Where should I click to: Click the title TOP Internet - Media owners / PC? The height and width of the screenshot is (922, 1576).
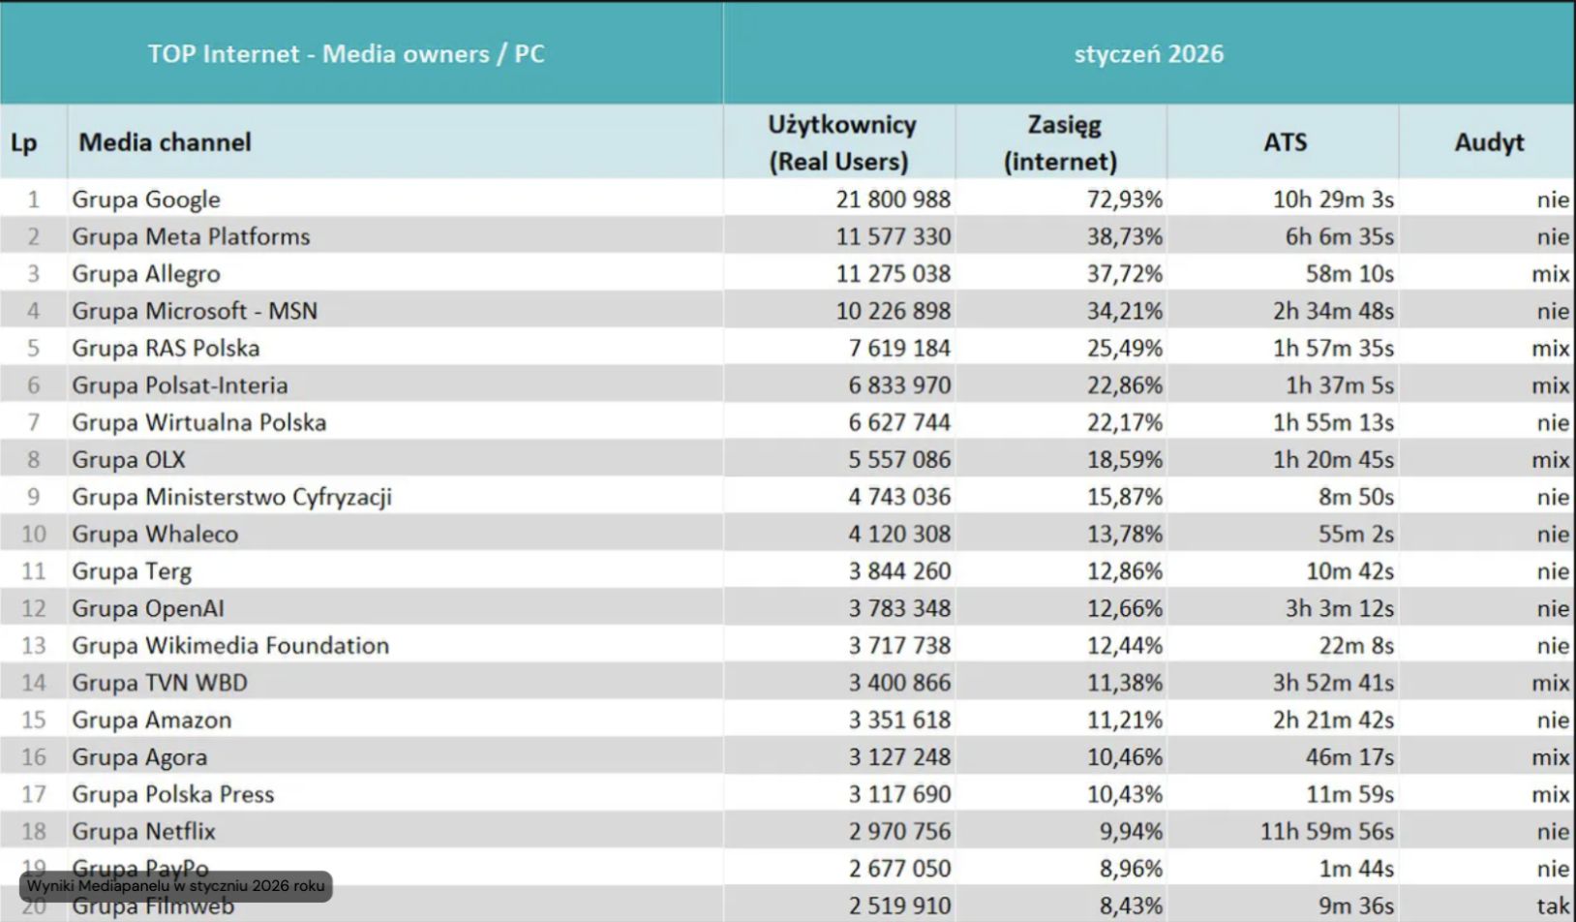point(346,53)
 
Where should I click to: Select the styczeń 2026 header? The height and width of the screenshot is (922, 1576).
point(1148,53)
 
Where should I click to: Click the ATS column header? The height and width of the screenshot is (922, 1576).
point(1285,142)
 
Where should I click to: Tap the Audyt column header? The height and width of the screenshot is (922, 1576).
point(1488,142)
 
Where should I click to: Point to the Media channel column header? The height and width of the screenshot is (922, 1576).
point(165,142)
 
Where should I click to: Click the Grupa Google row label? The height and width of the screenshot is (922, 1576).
point(146,200)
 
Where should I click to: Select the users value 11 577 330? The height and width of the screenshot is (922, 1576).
point(893,236)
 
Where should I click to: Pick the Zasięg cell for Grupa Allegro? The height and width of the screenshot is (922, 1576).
point(1124,274)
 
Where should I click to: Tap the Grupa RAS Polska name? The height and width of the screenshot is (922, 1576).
point(166,348)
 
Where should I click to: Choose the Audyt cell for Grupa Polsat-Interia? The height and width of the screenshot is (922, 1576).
point(1549,385)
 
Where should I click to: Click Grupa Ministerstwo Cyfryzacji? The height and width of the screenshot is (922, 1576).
point(231,497)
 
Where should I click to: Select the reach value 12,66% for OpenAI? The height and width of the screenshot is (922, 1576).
point(1124,608)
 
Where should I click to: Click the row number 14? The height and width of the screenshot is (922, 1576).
point(34,683)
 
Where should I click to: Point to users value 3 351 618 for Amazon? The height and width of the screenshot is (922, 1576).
point(899,720)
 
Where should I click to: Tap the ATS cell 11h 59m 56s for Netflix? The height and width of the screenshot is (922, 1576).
point(1326,831)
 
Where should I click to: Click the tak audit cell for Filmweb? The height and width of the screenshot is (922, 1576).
point(1552,907)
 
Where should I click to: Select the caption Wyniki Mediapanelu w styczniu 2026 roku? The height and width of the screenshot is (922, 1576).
point(175,886)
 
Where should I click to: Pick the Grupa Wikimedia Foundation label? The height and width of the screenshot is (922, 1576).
point(230,645)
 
